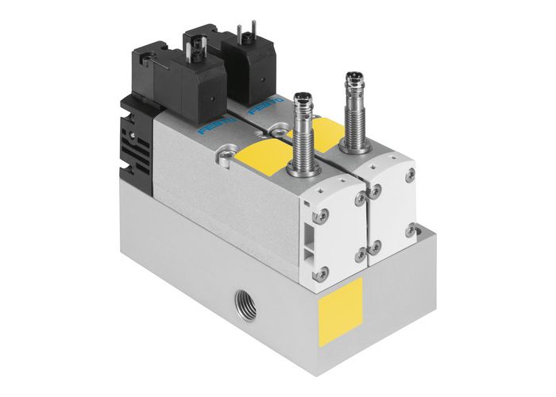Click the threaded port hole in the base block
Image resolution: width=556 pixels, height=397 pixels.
click(240, 302)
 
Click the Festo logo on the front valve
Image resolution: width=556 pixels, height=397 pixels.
click(213, 127)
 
